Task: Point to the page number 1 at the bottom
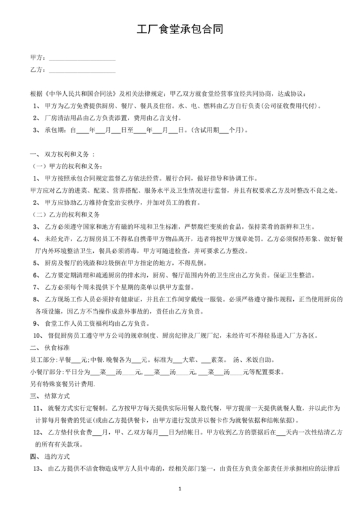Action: (x=181, y=490)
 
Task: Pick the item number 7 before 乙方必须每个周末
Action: (x=35, y=287)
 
